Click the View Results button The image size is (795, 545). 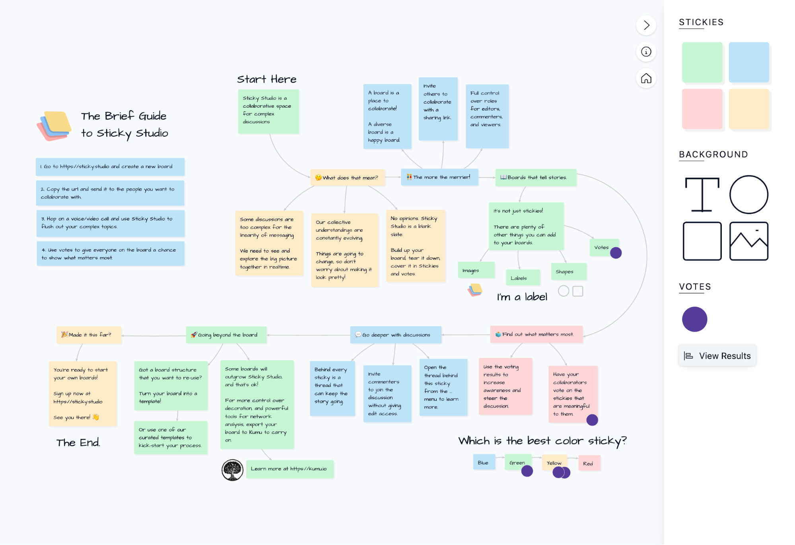717,356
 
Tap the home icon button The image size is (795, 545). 646,78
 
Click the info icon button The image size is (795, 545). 646,52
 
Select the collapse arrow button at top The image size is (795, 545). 646,25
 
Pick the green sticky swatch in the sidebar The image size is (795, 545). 702,62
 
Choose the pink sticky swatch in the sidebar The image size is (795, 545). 702,109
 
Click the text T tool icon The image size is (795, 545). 702,195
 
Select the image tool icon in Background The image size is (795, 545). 748,241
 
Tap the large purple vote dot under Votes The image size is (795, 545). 694,319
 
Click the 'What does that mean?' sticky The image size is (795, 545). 348,178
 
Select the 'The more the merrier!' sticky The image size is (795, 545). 439,177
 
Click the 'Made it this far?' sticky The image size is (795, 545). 89,335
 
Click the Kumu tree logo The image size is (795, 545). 232,470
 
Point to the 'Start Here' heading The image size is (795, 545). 267,79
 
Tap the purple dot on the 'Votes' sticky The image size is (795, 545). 616,253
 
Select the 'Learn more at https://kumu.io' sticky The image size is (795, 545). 290,469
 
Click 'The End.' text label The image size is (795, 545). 78,443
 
